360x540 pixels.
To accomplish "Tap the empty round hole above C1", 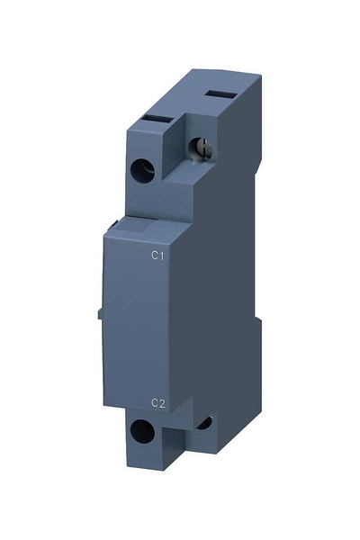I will (141, 167).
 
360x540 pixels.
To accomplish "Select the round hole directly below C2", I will (141, 431).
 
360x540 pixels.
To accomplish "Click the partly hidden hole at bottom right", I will (205, 423).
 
